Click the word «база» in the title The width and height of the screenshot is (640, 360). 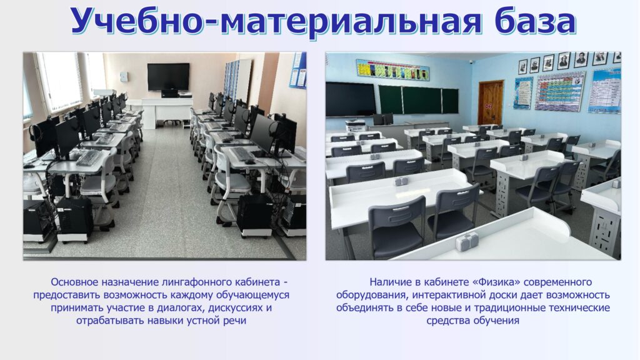[x=535, y=21]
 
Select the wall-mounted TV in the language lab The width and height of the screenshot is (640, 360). [x=168, y=77]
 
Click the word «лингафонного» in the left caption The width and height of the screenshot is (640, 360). [x=198, y=282]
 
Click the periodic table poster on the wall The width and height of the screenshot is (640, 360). [x=560, y=92]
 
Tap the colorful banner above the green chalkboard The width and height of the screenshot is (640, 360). [x=392, y=70]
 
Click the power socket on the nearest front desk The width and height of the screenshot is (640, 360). [x=466, y=242]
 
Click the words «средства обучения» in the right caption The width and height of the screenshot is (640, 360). [x=472, y=321]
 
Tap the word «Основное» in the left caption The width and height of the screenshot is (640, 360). [x=74, y=282]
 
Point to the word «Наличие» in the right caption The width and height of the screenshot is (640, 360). [x=390, y=282]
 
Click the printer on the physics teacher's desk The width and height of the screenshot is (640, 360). [x=354, y=124]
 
